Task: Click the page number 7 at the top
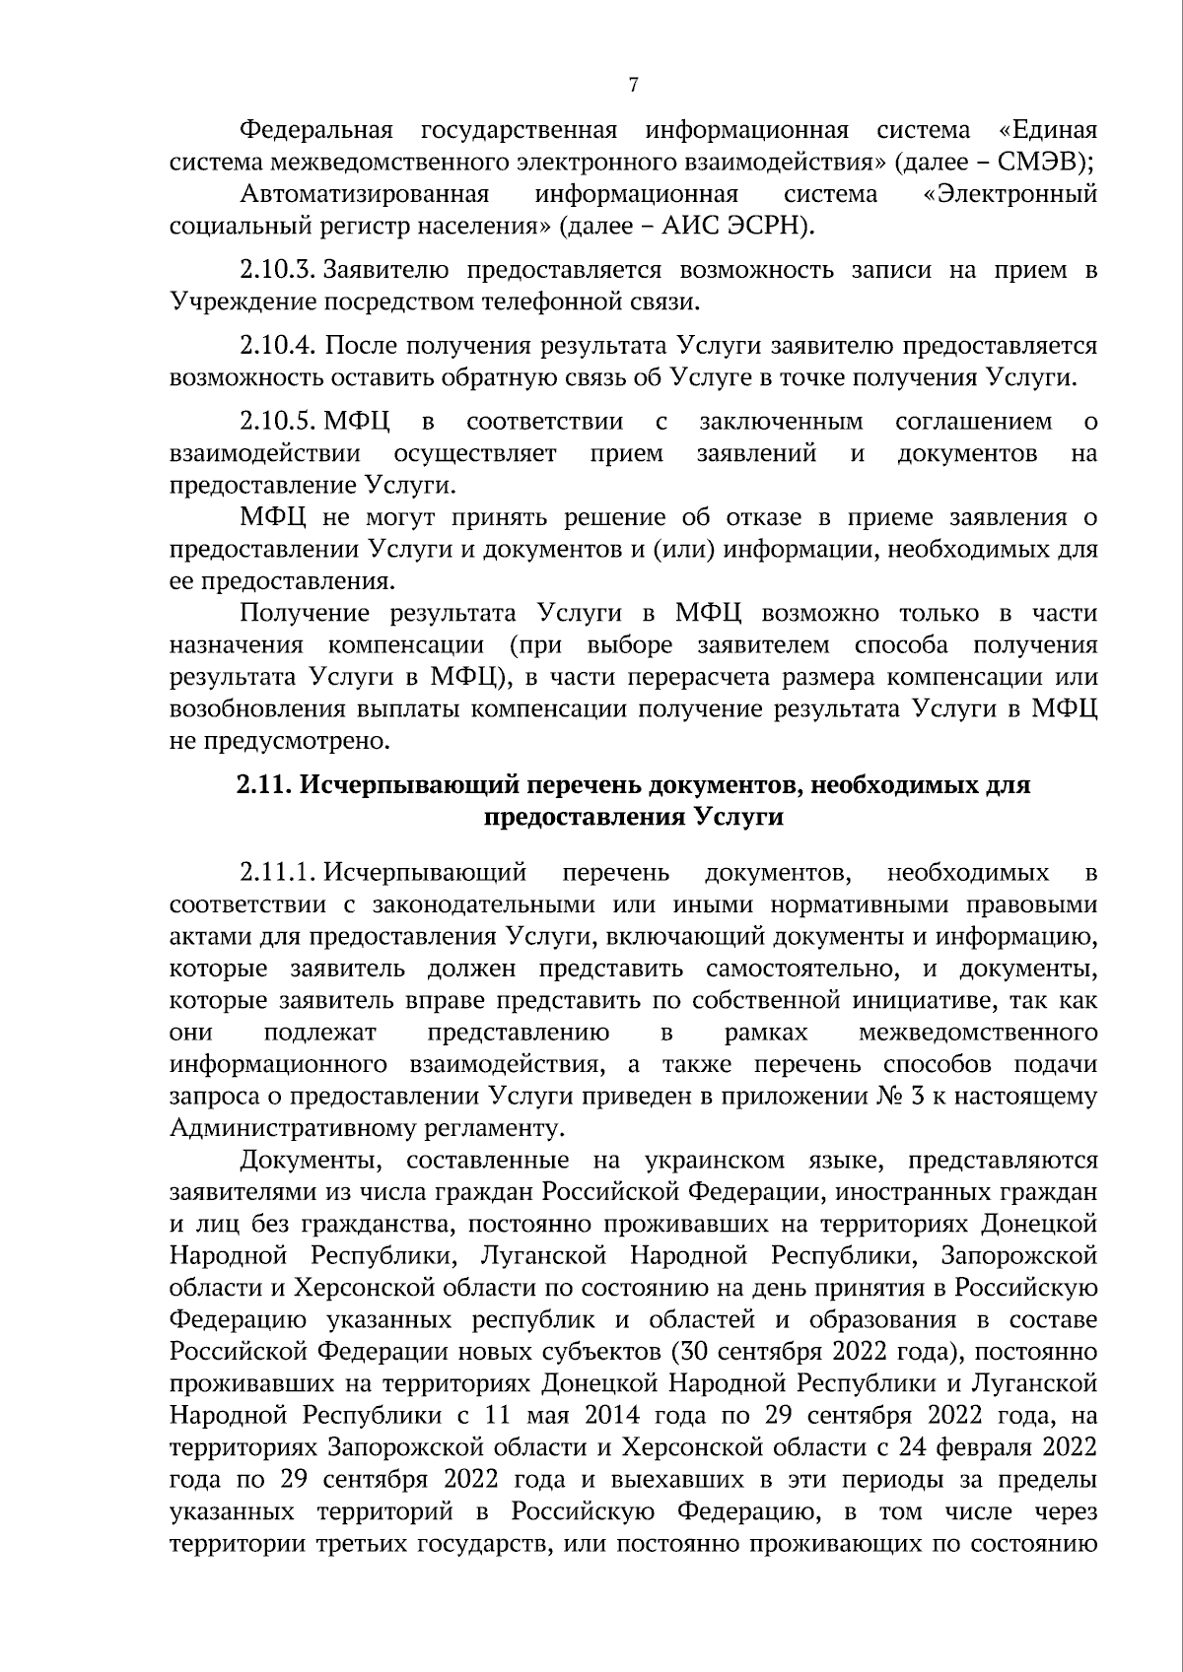(x=633, y=86)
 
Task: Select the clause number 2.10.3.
(x=280, y=270)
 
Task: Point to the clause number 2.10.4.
(x=280, y=346)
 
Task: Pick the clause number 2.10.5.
(x=280, y=423)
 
